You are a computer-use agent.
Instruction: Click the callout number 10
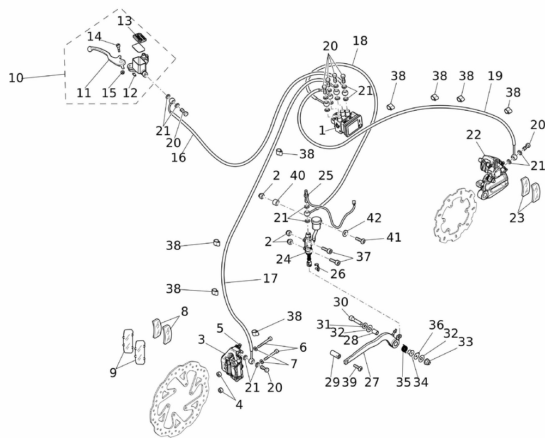16,78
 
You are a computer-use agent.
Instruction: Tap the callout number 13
124,22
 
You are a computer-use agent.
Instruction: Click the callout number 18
360,40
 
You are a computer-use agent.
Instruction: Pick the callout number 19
495,76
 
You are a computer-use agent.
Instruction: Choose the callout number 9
113,373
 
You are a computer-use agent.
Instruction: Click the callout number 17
270,278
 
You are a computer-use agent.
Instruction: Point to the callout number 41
393,237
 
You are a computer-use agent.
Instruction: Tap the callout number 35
403,382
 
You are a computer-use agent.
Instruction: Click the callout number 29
332,382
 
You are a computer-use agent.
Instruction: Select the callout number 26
338,273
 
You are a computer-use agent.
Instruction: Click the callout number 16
179,157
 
